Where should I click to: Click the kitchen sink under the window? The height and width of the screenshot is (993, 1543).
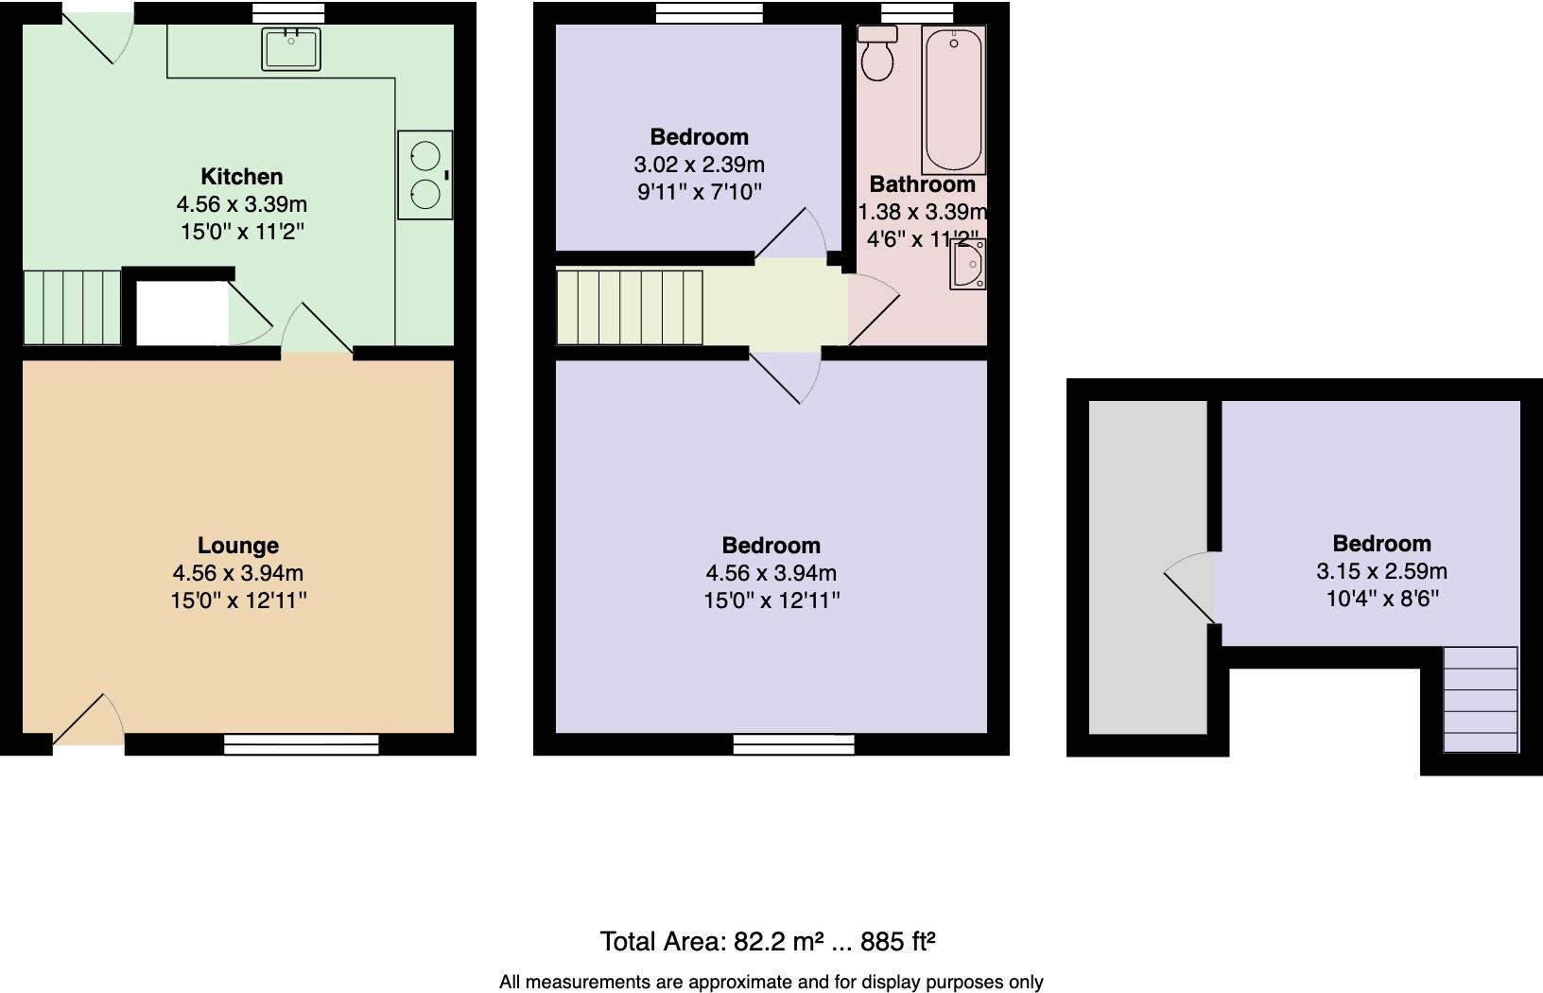pyautogui.click(x=292, y=49)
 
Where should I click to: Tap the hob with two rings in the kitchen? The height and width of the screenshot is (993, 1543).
pyautogui.click(x=425, y=175)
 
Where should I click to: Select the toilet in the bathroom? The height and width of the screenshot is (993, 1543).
pyautogui.click(x=877, y=55)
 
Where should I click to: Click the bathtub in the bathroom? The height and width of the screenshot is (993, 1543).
pyautogui.click(x=954, y=100)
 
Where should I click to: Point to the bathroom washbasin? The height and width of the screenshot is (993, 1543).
pyautogui.click(x=968, y=264)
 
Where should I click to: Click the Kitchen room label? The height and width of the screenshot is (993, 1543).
pyautogui.click(x=241, y=177)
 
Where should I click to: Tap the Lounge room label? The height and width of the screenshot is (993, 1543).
pyautogui.click(x=238, y=546)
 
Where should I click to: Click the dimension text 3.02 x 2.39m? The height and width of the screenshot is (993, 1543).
pyautogui.click(x=699, y=165)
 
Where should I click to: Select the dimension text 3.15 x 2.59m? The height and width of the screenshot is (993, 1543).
pyautogui.click(x=1381, y=571)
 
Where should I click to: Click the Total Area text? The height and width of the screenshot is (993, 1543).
pyautogui.click(x=768, y=941)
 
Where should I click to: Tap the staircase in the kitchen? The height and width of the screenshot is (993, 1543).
pyautogui.click(x=72, y=307)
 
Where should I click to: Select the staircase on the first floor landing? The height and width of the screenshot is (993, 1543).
pyautogui.click(x=630, y=307)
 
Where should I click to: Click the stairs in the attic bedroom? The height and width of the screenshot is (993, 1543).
pyautogui.click(x=1481, y=700)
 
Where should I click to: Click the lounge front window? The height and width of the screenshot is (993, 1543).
pyautogui.click(x=301, y=745)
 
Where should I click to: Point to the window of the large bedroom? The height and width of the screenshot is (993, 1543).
pyautogui.click(x=793, y=745)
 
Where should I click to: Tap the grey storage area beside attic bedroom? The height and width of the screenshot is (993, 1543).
pyautogui.click(x=1148, y=567)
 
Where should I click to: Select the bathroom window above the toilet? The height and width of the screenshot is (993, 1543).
pyautogui.click(x=916, y=12)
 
